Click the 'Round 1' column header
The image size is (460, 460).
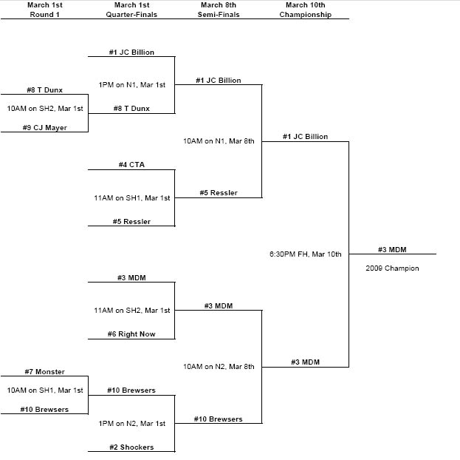[x=44, y=14]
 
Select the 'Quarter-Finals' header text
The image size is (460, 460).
[x=131, y=14]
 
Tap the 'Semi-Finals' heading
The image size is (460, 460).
[x=218, y=14]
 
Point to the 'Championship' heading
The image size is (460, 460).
[x=305, y=14]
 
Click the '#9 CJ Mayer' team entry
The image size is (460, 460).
[x=44, y=126]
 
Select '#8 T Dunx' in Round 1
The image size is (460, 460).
[x=44, y=90]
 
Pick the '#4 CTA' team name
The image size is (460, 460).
[x=131, y=164]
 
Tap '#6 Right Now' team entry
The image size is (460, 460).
[x=131, y=334]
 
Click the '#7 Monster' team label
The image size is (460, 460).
[x=44, y=371]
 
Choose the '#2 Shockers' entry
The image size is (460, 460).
[x=131, y=447]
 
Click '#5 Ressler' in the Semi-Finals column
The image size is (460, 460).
[x=219, y=192]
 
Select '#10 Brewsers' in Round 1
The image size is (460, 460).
[x=44, y=409]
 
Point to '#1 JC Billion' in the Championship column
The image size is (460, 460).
[x=305, y=136]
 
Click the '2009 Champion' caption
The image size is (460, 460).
[x=392, y=268]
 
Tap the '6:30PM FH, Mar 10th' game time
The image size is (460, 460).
[x=305, y=254]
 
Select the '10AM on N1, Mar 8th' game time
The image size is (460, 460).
[x=219, y=141]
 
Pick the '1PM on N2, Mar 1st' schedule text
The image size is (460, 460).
[x=131, y=423]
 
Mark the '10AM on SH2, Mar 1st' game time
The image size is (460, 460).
[x=45, y=108]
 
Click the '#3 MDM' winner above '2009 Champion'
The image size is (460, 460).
[x=392, y=249]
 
